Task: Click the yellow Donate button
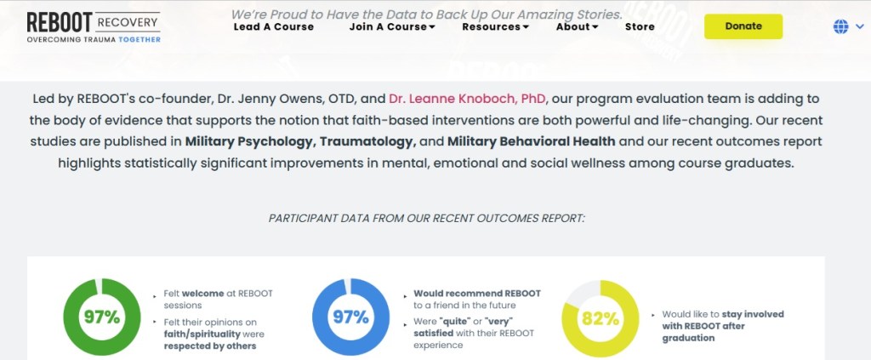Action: (x=743, y=26)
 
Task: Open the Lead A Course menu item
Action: (x=273, y=26)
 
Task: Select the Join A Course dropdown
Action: (x=392, y=26)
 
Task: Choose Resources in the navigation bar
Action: (x=496, y=26)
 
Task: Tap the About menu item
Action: (x=578, y=26)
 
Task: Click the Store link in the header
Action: (x=640, y=26)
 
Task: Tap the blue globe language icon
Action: (x=841, y=26)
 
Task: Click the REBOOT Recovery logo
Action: (x=94, y=26)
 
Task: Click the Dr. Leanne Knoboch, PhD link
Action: (x=468, y=99)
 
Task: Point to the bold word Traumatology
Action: (x=367, y=141)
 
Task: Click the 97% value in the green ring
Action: (x=102, y=317)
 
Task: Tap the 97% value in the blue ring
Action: (x=350, y=317)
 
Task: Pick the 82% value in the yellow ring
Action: (x=600, y=319)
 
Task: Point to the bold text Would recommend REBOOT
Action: (x=477, y=294)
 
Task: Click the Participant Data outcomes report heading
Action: (x=427, y=219)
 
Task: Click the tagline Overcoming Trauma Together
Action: (x=94, y=39)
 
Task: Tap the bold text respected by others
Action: (x=210, y=346)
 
